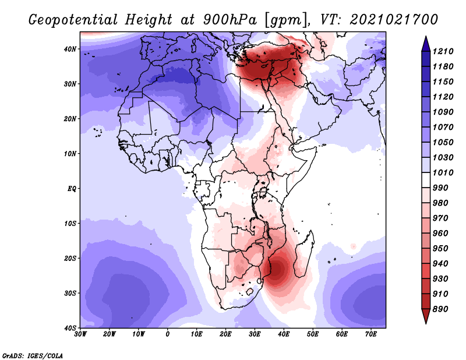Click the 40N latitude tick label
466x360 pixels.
pos(70,49)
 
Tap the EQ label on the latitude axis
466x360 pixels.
pos(72,189)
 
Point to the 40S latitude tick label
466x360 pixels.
pos(70,328)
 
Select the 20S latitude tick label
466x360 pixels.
pos(70,258)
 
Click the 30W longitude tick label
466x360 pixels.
pos(80,334)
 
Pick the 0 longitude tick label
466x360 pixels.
pos(167,334)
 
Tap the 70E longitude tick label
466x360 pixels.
pos(370,334)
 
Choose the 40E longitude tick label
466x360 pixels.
pos(284,334)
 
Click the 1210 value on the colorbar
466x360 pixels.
pos(443,51)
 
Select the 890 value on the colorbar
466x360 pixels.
pos(440,309)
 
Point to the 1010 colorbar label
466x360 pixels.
pos(443,172)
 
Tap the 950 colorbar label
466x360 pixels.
pos(440,249)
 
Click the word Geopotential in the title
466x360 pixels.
pos(73,20)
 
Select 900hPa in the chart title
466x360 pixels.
pos(230,20)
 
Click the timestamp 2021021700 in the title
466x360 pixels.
pos(394,20)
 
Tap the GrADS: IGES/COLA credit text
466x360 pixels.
pos(33,356)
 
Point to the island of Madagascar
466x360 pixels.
pos(303,253)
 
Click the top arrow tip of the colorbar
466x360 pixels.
pos(426,36)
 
